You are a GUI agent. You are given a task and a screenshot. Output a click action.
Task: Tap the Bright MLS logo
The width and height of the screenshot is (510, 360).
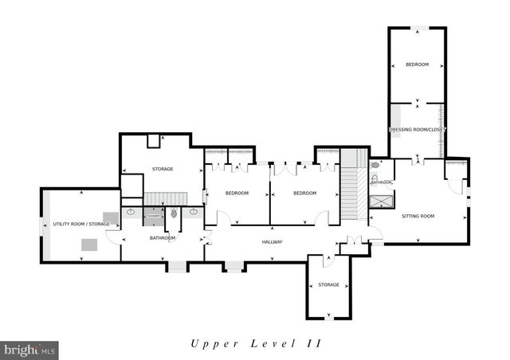point(30,349)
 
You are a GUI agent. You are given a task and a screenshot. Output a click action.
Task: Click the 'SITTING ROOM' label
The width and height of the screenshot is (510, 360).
point(417,216)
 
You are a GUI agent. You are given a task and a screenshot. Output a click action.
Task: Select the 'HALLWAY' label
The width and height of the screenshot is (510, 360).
point(273,242)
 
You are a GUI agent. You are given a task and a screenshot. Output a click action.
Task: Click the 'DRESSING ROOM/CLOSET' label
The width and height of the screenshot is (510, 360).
point(416,129)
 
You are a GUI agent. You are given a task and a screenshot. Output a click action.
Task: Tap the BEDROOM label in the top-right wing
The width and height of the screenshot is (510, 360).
point(416,65)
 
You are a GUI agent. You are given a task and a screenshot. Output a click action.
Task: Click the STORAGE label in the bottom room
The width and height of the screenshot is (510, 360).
point(328,284)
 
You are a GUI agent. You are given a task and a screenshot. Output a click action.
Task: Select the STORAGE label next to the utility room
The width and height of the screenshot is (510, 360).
point(163,169)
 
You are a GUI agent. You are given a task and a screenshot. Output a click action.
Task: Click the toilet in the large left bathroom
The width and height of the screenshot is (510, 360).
point(175,213)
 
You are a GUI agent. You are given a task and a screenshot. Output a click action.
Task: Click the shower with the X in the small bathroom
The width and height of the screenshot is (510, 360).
point(381,200)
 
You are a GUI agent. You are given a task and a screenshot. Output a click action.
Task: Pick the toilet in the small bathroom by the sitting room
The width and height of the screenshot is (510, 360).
point(375,166)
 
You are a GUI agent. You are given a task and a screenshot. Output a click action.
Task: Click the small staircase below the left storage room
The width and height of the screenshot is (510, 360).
point(166,198)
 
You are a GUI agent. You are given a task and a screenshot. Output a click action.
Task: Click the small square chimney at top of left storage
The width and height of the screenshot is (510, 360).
point(153,141)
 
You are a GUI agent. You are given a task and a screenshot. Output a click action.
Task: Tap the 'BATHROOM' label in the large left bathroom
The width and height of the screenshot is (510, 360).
point(163,238)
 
